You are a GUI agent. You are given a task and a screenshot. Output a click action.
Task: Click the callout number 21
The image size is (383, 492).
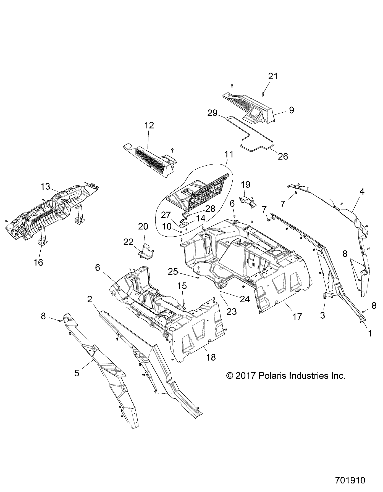273,76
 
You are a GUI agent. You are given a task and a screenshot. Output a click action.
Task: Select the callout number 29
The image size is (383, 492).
213,113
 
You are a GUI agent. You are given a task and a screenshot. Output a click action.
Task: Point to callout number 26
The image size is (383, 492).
283,157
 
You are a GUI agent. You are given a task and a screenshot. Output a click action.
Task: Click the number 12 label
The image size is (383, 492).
149,125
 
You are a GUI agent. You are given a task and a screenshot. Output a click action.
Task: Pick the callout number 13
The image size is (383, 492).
45,187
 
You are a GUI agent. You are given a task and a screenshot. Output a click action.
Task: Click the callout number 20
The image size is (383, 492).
143,226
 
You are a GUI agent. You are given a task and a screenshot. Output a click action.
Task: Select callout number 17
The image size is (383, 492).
297,316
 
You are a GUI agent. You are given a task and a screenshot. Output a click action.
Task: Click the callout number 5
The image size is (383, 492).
77,373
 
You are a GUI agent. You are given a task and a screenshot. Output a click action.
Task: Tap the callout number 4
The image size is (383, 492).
362,191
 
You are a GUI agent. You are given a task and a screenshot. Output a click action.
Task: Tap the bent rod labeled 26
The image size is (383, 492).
257,148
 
